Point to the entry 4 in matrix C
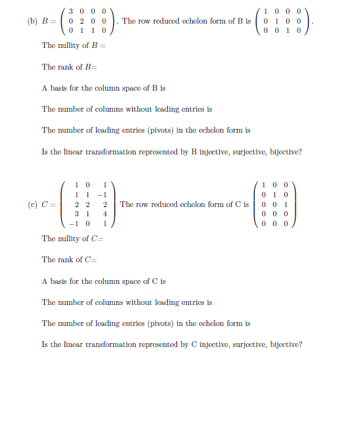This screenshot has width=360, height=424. point(105,214)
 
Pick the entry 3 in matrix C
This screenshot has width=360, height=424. point(78,214)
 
